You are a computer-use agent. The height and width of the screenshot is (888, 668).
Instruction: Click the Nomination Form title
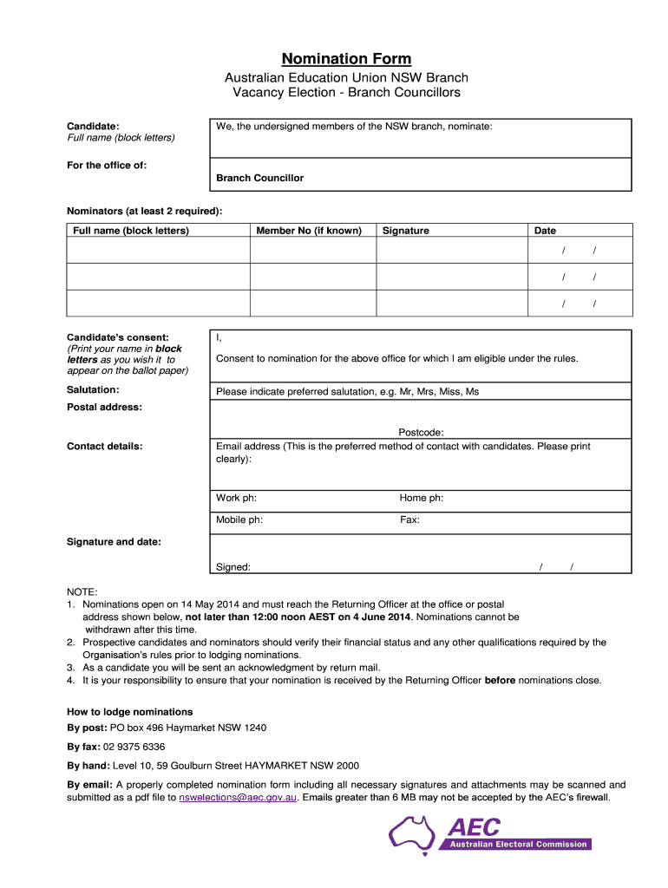pyautogui.click(x=345, y=59)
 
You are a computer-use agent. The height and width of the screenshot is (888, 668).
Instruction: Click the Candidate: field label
pyautogui.click(x=93, y=127)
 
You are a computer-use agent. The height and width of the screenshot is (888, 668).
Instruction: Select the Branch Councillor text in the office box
pyautogui.click(x=259, y=178)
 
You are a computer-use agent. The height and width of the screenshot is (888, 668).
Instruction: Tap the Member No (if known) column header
pyautogui.click(x=309, y=231)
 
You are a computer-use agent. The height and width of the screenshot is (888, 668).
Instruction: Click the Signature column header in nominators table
pyautogui.click(x=405, y=231)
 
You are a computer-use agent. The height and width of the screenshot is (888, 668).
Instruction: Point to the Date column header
pyautogui.click(x=545, y=231)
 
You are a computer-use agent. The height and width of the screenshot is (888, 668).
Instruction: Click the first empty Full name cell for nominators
pyautogui.click(x=159, y=251)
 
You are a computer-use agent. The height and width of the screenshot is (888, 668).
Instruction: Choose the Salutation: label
pyautogui.click(x=93, y=390)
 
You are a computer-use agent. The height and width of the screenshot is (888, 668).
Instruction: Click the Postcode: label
pyautogui.click(x=421, y=432)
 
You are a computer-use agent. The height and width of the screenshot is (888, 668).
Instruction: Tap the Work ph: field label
pyautogui.click(x=236, y=498)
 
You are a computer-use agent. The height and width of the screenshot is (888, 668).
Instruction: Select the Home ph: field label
pyautogui.click(x=422, y=498)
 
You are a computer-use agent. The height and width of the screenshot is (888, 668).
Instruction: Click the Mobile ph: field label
pyautogui.click(x=239, y=520)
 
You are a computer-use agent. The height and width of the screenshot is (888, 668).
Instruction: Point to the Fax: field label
pyautogui.click(x=409, y=520)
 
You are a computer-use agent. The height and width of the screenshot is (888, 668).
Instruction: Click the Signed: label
pyautogui.click(x=233, y=567)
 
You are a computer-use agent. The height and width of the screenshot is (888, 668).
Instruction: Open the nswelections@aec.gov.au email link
pyautogui.click(x=239, y=797)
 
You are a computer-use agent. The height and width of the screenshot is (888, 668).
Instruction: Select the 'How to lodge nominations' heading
pyautogui.click(x=129, y=712)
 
